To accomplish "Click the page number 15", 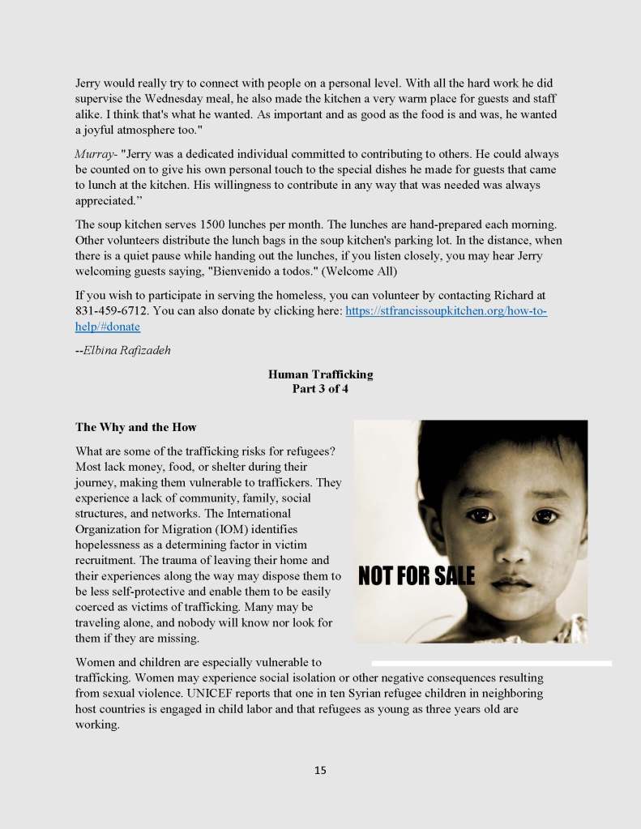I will pos(320,770).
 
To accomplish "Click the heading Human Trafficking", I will pos(320,374).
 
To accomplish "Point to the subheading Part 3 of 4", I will pos(320,389).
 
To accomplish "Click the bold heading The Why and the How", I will pos(136,427).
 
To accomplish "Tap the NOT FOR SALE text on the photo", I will pos(416,576).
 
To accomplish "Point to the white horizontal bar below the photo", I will pos(491,663).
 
